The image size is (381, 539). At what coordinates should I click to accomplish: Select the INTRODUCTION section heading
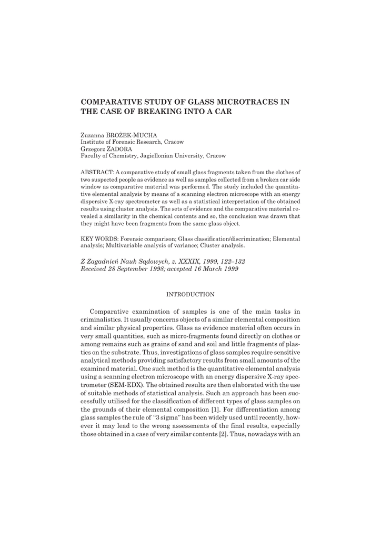pos(190,294)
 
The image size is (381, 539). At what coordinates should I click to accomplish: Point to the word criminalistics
pos(106,321)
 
